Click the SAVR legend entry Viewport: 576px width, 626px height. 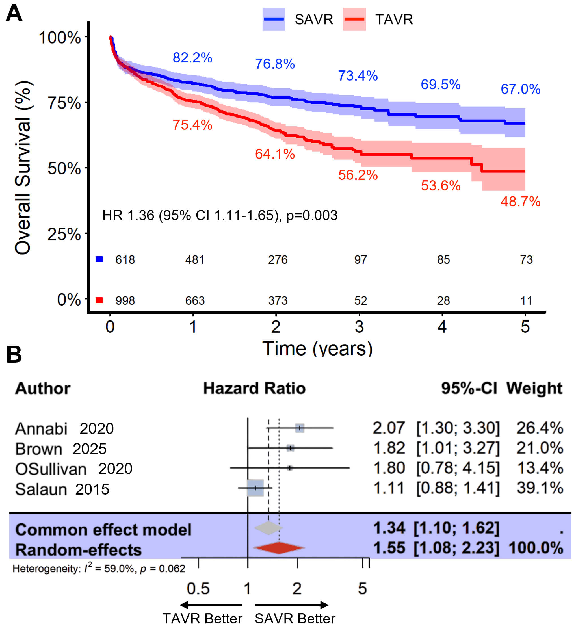click(x=298, y=19)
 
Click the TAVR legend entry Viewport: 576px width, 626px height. click(x=378, y=19)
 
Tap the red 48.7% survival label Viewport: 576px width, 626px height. click(x=520, y=202)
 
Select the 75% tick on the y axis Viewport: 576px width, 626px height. click(x=64, y=103)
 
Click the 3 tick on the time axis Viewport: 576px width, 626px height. click(x=359, y=326)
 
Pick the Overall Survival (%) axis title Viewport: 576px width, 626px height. click(x=23, y=167)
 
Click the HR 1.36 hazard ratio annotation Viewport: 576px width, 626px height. click(x=220, y=215)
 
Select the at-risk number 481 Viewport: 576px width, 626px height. click(x=194, y=259)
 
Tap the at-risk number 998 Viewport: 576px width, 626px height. click(x=125, y=301)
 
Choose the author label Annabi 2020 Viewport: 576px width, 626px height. click(x=64, y=428)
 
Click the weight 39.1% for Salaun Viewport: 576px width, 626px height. click(x=540, y=488)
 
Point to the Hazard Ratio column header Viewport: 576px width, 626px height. click(x=254, y=388)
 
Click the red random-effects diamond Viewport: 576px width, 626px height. click(x=279, y=548)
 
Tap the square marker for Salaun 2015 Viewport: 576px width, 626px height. click(x=255, y=488)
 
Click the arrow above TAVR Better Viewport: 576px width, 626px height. click(x=211, y=605)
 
